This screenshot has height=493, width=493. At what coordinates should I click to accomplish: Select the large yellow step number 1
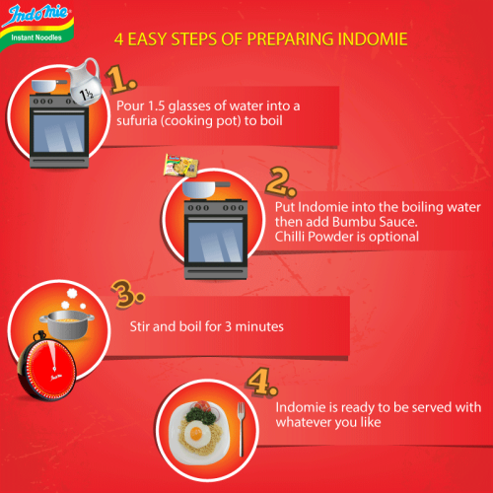[x=119, y=80]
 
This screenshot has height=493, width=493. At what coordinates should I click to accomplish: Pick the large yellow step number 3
[x=121, y=293]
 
